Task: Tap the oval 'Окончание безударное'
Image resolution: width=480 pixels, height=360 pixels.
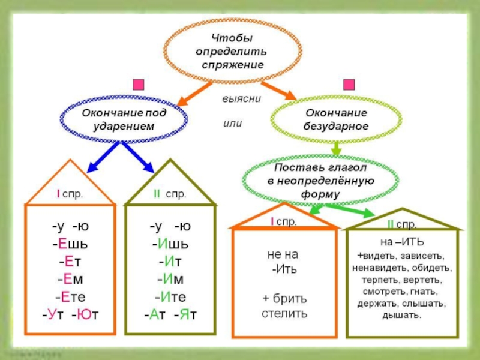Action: pos(335,120)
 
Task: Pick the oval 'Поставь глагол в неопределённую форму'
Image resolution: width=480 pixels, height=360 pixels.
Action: pos(320,178)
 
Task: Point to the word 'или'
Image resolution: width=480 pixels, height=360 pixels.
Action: pos(232,123)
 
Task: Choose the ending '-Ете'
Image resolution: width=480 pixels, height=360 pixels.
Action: pos(70,296)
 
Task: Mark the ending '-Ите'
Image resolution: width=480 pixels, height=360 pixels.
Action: pos(170,296)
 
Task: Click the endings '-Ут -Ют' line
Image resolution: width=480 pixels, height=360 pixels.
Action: pos(70,314)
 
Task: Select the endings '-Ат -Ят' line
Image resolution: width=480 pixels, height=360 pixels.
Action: pos(170,314)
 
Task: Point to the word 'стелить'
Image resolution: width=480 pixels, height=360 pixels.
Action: pos(284,314)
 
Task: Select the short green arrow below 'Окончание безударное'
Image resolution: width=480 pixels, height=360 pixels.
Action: pos(336,148)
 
